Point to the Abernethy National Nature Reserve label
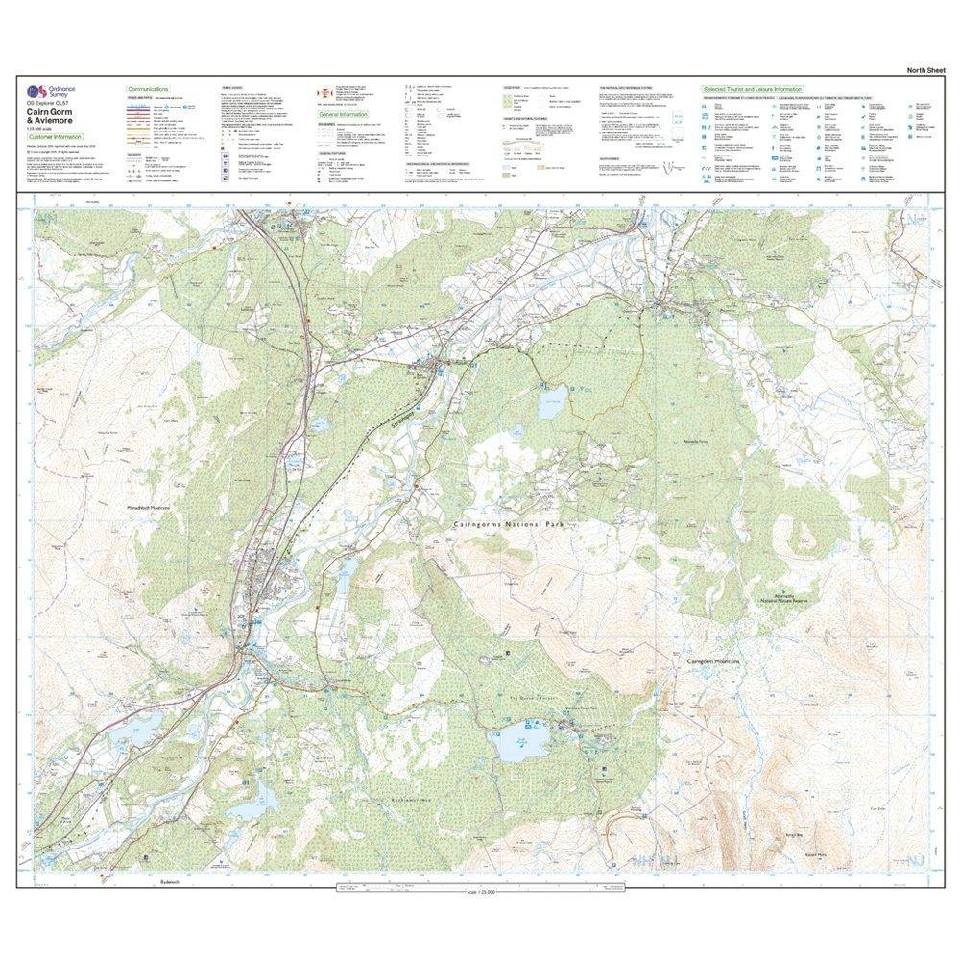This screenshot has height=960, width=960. pos(786,598)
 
